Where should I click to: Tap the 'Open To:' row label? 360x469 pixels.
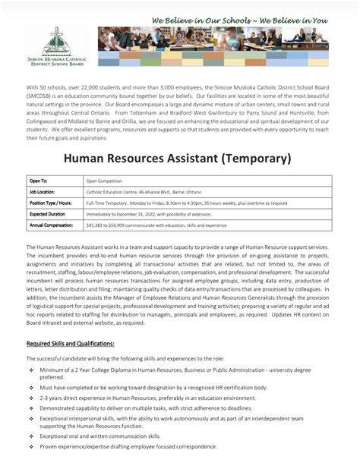(x=39, y=181)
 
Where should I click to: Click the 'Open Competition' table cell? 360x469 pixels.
(x=105, y=182)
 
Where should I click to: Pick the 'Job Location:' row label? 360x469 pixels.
(x=43, y=193)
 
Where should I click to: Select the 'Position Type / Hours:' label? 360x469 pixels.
(x=51, y=203)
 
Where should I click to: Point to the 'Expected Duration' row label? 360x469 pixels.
(x=48, y=215)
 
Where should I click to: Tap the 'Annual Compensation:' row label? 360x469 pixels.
(x=52, y=225)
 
